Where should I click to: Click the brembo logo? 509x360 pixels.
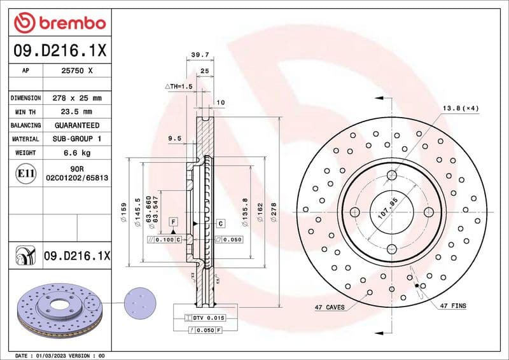click(x=59, y=23)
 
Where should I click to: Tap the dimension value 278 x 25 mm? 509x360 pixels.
click(x=77, y=98)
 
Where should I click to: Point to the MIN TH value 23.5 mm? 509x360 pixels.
click(x=77, y=111)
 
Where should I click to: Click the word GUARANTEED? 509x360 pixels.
click(x=77, y=125)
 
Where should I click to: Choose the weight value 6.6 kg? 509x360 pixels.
click(x=77, y=153)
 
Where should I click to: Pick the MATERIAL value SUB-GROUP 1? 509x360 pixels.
click(x=77, y=139)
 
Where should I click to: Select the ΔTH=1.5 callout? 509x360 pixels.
click(x=179, y=86)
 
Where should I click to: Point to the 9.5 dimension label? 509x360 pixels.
click(x=175, y=137)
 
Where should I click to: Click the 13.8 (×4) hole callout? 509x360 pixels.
click(x=461, y=109)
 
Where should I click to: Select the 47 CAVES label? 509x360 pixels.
click(x=330, y=307)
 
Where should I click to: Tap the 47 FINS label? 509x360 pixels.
click(x=452, y=306)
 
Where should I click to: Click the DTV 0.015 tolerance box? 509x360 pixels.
click(x=205, y=317)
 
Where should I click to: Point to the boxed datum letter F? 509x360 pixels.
click(x=172, y=221)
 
